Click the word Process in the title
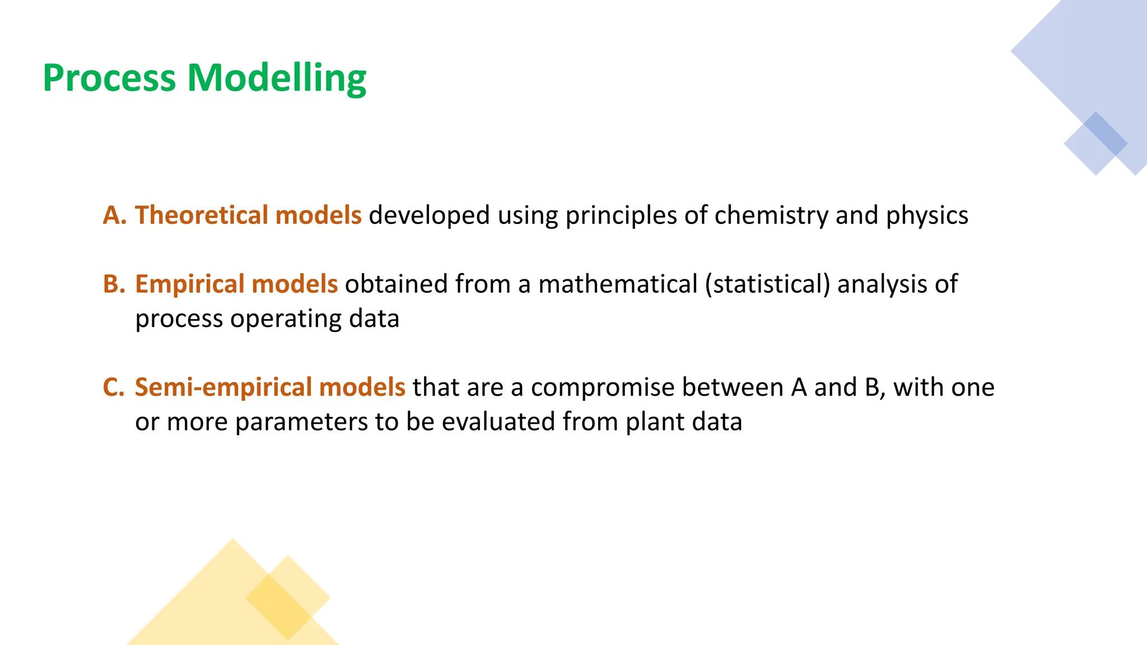109,78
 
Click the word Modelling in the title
277,78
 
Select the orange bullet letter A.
114,216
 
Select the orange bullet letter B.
114,284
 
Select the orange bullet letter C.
114,387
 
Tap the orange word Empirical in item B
190,284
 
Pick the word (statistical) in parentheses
767,284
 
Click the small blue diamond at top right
1095,143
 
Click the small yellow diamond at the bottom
287,598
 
